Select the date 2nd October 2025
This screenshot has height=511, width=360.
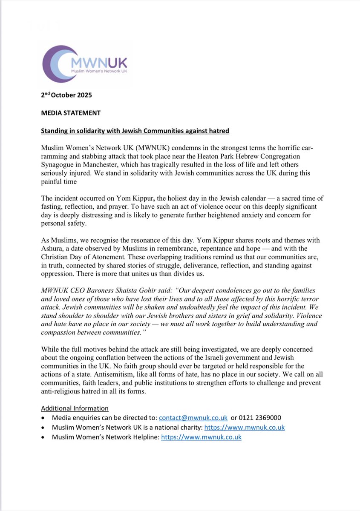pos(66,95)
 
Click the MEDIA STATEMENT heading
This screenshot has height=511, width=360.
pos(71,113)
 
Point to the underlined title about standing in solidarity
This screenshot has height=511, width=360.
pos(135,131)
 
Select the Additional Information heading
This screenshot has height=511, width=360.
pos(75,408)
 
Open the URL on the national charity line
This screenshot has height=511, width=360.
pos(245,427)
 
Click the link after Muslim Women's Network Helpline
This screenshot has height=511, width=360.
pos(201,437)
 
